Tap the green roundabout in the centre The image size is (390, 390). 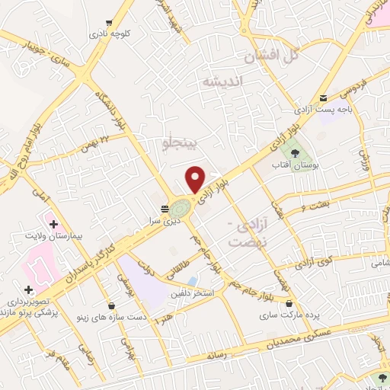coord(181,208)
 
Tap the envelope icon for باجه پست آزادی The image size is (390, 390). coord(324,97)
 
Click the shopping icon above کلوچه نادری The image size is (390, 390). coord(111,22)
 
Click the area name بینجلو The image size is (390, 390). coord(181,142)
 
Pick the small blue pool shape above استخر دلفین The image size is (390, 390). coord(193,280)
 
